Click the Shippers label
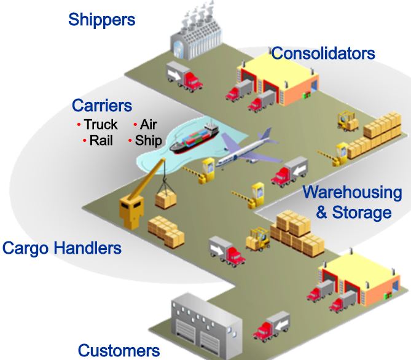coord(101,20)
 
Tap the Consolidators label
coord(323,53)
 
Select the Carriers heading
coord(102,106)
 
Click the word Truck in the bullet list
coord(101,125)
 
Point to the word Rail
coord(101,141)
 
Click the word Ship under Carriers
coord(149,141)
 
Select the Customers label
coord(119,350)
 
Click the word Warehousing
coord(352,192)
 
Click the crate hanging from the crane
coord(165,200)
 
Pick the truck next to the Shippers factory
coord(185,76)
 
